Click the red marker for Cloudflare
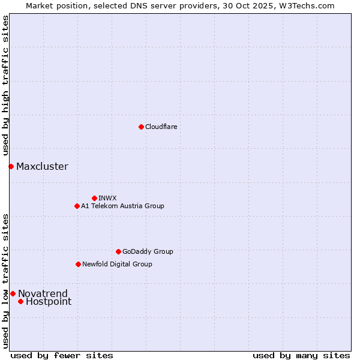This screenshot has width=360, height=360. pos(141,127)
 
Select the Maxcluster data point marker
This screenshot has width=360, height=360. pos(11,166)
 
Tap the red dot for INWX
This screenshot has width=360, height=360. pos(94,198)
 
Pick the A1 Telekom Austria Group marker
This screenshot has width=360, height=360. pos(77,206)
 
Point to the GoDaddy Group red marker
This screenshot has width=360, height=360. pos(118,251)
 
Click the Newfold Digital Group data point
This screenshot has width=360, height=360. pos(78,264)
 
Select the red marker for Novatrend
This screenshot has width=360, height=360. pos(13,293)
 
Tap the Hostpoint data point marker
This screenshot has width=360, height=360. pos(20,301)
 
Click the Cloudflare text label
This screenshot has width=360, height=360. pos(161,127)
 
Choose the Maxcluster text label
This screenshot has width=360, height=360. pos(42,167)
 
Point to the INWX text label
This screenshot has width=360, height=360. pos(107,198)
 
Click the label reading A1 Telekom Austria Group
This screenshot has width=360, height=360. pos(122,206)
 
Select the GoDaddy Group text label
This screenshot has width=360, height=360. pos(148,251)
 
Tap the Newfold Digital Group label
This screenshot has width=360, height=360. pos(117,264)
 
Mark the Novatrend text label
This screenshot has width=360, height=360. pos(43,293)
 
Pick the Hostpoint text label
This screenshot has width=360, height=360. pos(49,302)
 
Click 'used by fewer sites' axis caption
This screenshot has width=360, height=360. pos(62,355)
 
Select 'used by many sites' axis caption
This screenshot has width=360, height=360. pos(301,355)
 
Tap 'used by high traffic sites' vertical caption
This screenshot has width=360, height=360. pos(5,86)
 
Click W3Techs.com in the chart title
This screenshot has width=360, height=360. pos(310,5)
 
